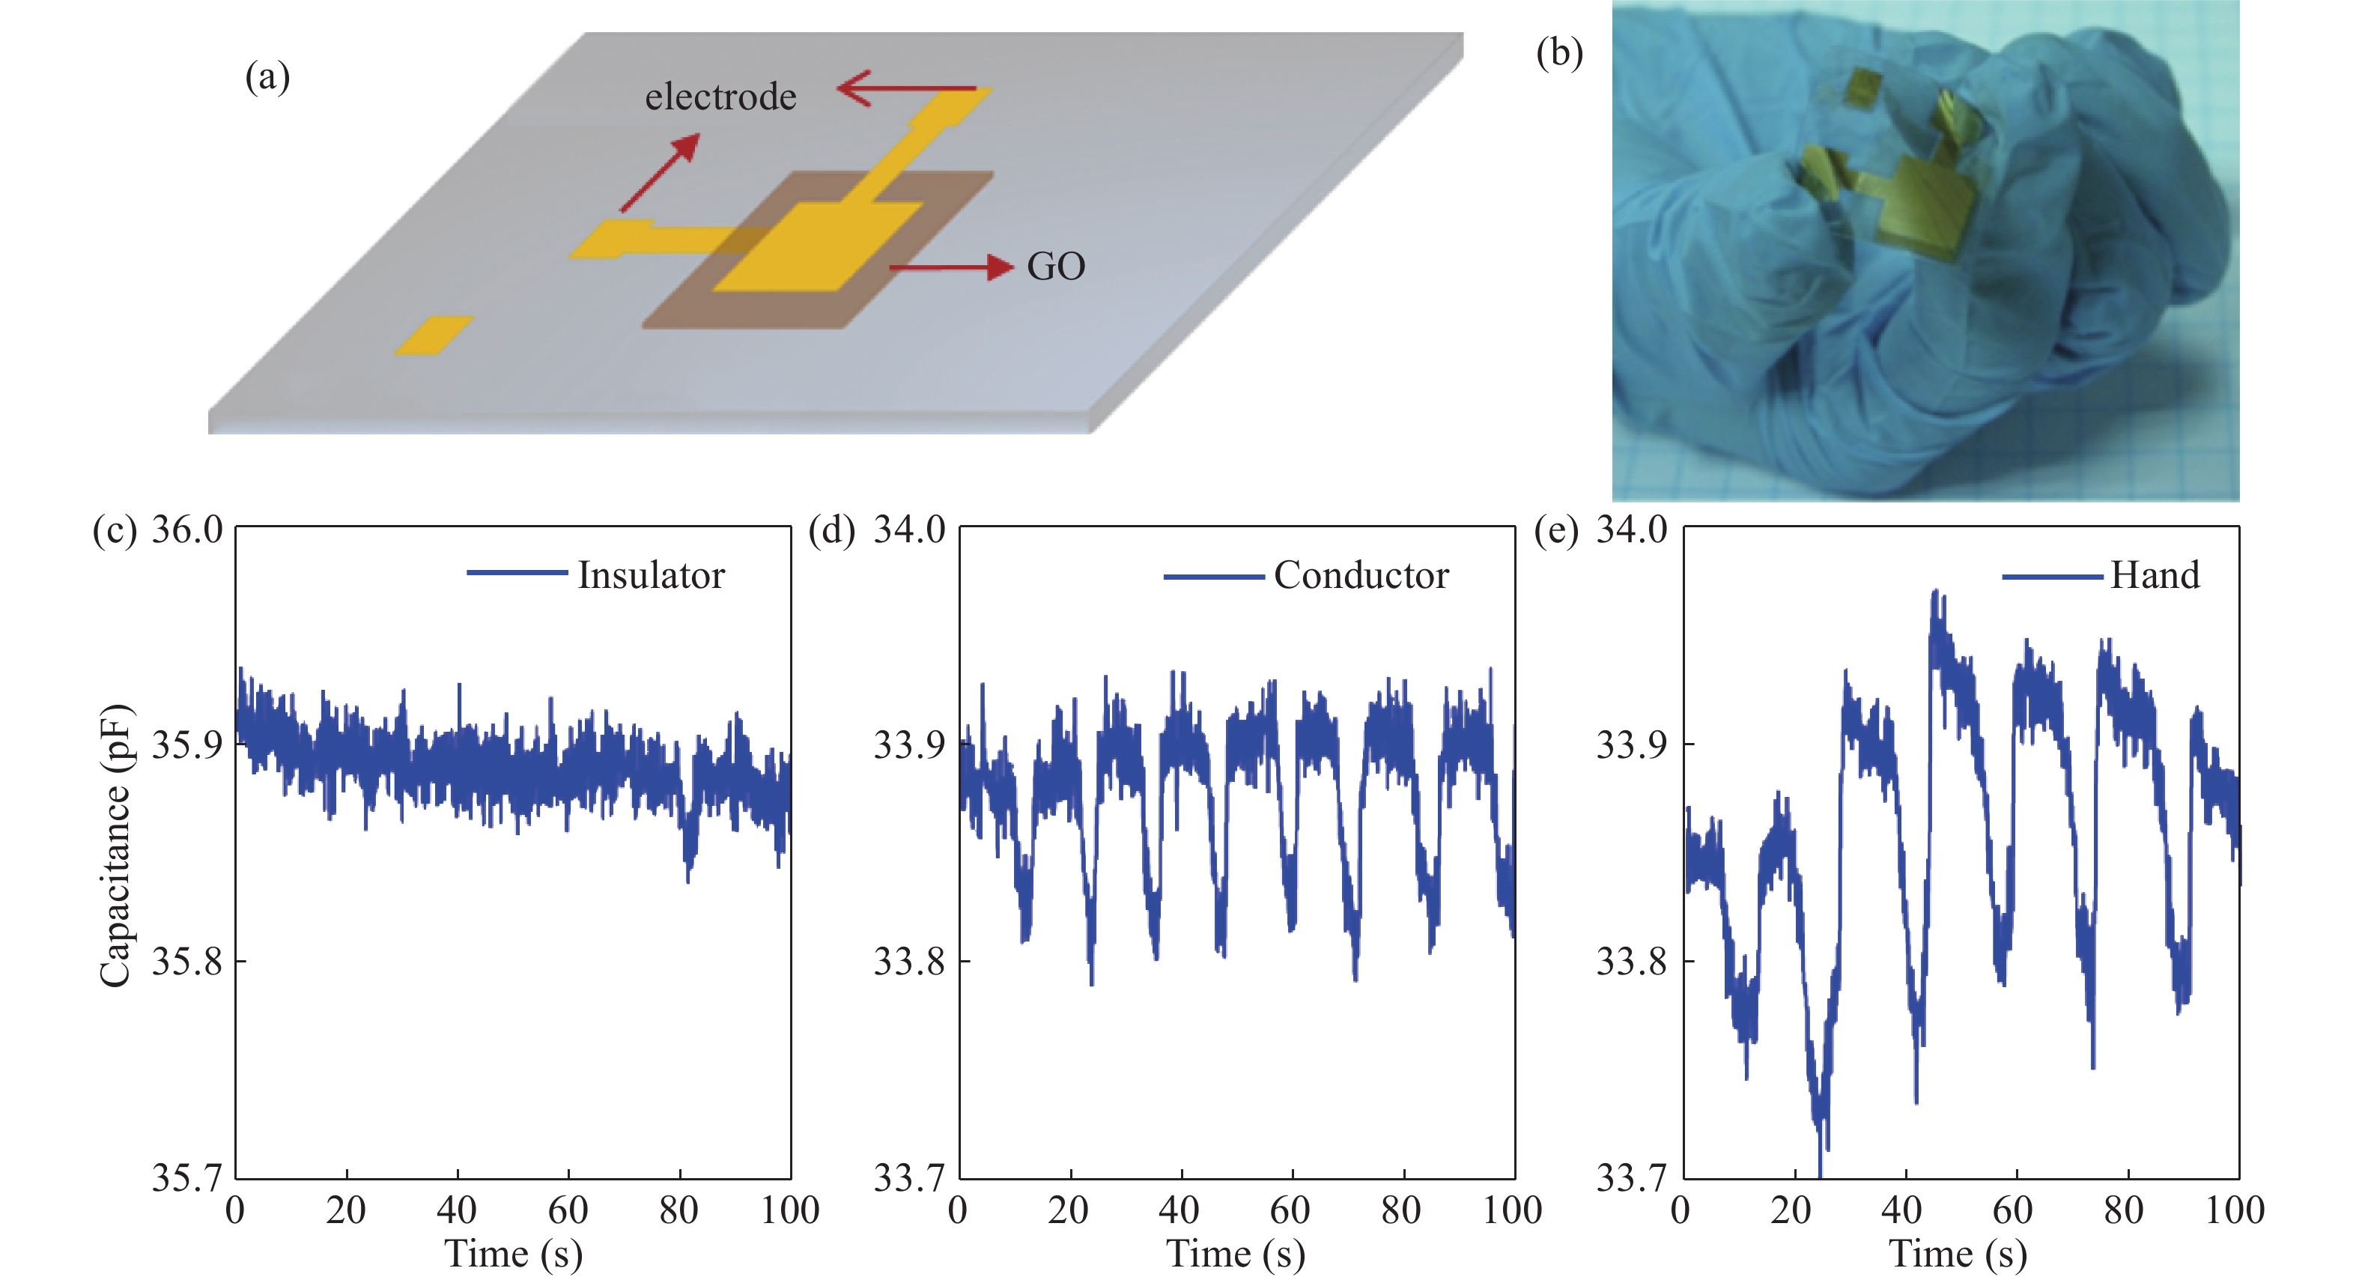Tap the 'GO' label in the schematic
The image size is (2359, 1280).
click(x=1056, y=267)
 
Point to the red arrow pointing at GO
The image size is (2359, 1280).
click(x=952, y=267)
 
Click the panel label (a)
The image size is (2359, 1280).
click(x=267, y=77)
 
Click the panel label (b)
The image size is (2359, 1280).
click(x=1558, y=54)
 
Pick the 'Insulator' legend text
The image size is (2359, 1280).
click(x=651, y=576)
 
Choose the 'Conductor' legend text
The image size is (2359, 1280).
click(x=1361, y=576)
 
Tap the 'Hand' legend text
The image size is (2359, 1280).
click(x=2154, y=576)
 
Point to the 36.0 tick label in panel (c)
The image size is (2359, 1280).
click(x=186, y=530)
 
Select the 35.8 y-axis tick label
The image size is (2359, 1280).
click(x=186, y=962)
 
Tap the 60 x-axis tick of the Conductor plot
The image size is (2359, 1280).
click(x=1291, y=1211)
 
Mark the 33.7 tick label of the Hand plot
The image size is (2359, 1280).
click(x=1632, y=1177)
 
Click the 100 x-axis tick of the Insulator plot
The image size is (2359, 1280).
click(x=789, y=1211)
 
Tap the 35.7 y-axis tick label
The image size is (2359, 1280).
click(x=186, y=1177)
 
